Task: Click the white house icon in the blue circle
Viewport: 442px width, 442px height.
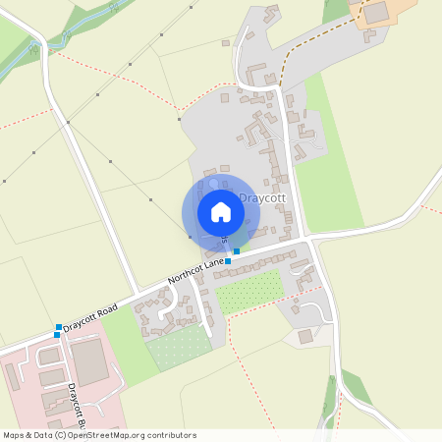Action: click(221, 212)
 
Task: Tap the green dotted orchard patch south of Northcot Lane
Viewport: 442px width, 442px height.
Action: click(249, 292)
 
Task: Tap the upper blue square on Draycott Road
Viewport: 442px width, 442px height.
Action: click(59, 326)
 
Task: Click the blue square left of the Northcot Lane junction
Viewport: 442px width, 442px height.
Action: click(228, 261)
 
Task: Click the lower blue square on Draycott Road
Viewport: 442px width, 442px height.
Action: click(56, 335)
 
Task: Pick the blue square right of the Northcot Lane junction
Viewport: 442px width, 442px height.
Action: click(237, 251)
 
